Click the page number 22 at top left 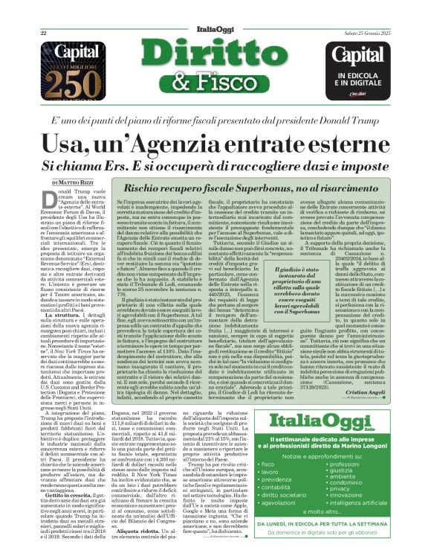pyautogui.click(x=44, y=13)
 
